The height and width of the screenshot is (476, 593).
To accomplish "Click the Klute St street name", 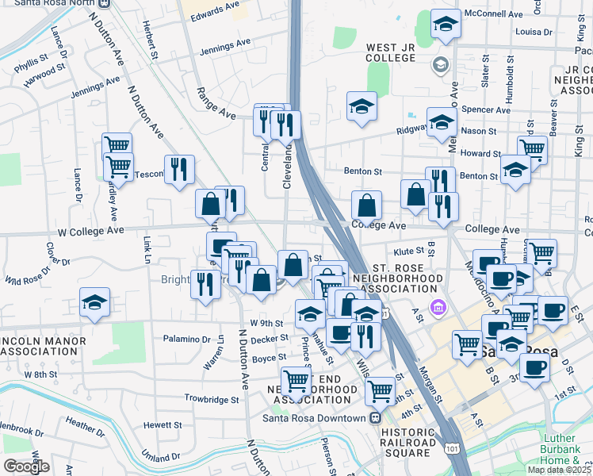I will (x=409, y=250).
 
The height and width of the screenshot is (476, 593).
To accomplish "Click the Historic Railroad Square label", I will (x=407, y=443).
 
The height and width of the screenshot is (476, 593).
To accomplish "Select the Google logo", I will (x=26, y=466).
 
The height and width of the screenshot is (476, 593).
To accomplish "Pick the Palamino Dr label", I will (x=188, y=339).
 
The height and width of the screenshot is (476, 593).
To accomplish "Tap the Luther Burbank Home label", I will (x=568, y=449).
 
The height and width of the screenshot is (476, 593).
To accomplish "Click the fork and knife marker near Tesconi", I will (x=179, y=169).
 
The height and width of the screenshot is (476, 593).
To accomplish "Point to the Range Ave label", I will (x=216, y=103).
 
